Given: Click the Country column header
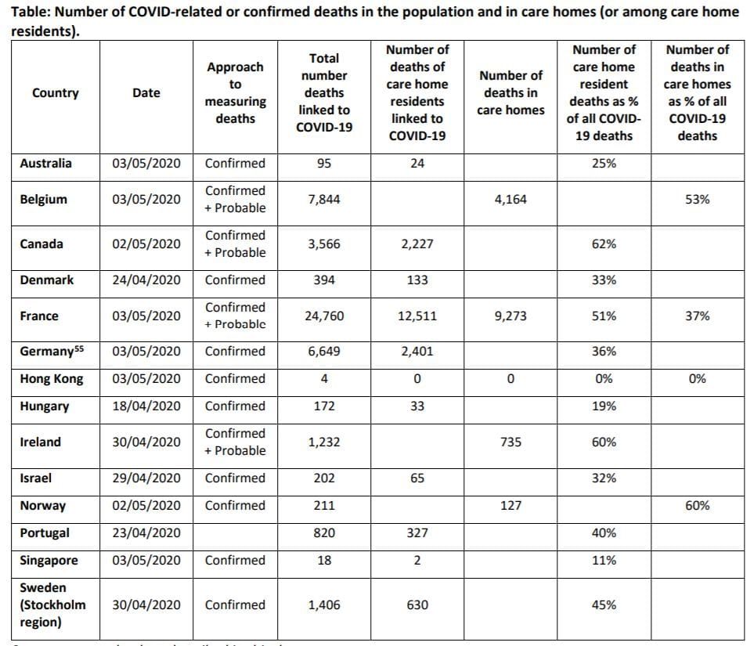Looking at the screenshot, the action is click(x=55, y=93).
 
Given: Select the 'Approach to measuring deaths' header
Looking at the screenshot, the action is click(x=235, y=93).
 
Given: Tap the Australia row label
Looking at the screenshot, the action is click(x=45, y=164).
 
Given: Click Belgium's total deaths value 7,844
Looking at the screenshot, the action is click(x=323, y=200).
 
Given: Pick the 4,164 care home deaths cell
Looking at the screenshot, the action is click(x=510, y=200).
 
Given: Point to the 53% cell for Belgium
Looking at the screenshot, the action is click(x=697, y=200).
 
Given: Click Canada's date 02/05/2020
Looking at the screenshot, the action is click(x=146, y=244).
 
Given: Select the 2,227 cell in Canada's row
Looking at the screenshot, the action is click(x=417, y=244).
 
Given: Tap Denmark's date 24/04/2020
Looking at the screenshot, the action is click(x=146, y=280).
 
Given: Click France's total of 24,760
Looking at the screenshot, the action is click(x=323, y=316).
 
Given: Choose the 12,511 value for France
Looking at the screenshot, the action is click(x=417, y=316).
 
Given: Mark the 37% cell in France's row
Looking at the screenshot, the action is click(x=697, y=316).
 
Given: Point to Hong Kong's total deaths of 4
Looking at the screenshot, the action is click(x=323, y=379).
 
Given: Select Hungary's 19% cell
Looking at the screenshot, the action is click(x=604, y=406).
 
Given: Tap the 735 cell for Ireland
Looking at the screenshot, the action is click(x=510, y=442).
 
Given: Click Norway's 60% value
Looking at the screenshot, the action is click(x=697, y=506).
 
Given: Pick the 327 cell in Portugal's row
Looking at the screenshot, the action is click(x=417, y=533).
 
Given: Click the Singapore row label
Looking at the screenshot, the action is click(x=48, y=561).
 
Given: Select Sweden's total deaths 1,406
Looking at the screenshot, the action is click(x=323, y=605).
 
